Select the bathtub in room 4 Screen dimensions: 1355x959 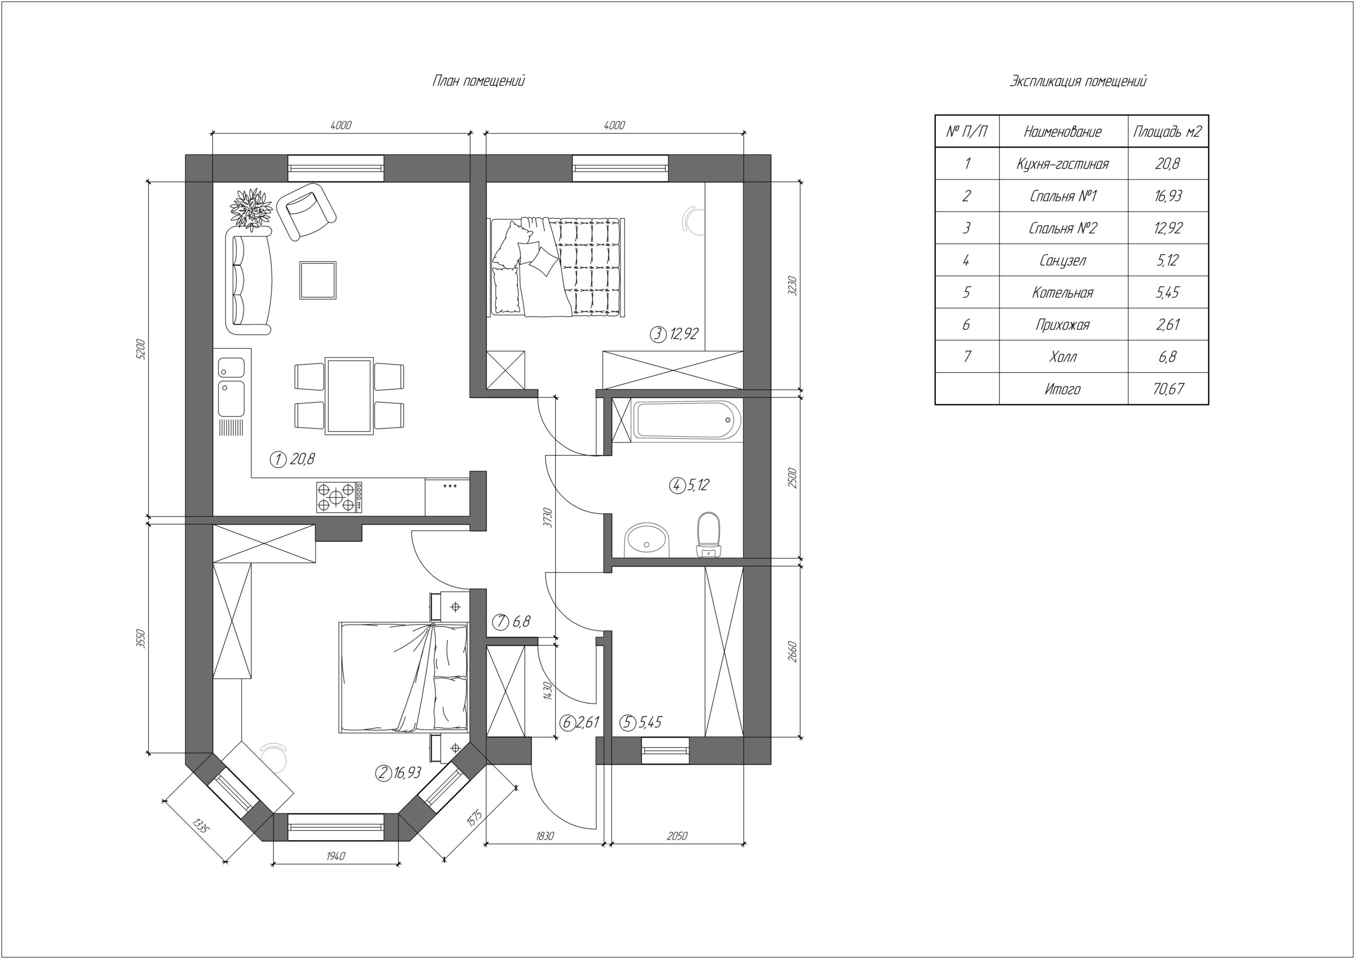point(686,420)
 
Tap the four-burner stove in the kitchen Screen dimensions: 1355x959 point(339,497)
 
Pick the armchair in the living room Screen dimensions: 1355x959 point(306,211)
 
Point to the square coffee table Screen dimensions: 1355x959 point(318,281)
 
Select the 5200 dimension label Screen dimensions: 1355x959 point(140,349)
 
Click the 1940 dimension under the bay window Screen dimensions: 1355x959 point(336,856)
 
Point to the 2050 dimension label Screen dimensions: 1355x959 point(677,836)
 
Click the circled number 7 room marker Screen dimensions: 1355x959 point(501,622)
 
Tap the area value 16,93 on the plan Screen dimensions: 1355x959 point(408,772)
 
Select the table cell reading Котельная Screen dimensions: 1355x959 point(1063,292)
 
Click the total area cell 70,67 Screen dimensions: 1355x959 point(1168,388)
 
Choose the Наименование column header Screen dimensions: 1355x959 point(1063,132)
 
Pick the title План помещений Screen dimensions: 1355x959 point(478,81)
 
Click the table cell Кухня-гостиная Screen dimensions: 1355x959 point(1063,164)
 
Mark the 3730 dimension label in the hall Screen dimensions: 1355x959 point(547,517)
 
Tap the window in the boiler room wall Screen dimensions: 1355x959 point(665,750)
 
